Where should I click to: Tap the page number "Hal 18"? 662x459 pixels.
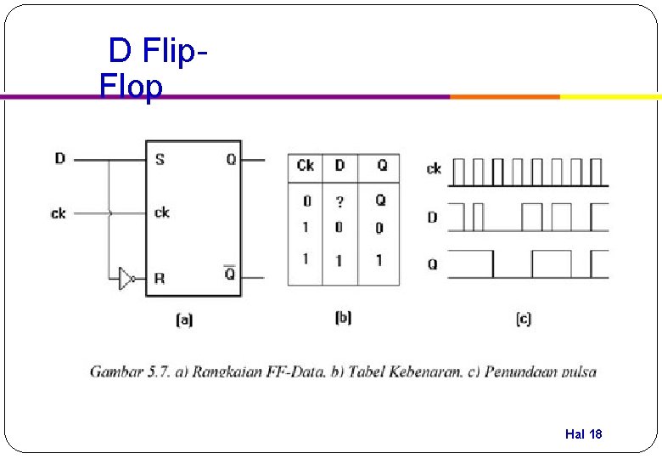point(583,434)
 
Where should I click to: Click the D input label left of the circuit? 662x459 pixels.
point(59,158)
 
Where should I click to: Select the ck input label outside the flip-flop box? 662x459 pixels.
point(58,212)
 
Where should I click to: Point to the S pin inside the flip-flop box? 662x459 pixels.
point(159,159)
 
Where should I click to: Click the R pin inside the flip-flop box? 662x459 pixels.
point(159,278)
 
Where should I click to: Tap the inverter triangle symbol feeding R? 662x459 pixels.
point(126,278)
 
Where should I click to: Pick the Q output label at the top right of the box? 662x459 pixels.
point(231,159)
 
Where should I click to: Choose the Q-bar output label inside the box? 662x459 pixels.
point(230,275)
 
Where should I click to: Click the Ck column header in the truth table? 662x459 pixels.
point(306,165)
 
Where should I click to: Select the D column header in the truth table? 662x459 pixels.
point(339,165)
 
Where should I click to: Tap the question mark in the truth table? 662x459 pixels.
point(339,201)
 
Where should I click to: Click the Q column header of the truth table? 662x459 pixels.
point(382,165)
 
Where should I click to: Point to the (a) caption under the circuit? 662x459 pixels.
point(184,320)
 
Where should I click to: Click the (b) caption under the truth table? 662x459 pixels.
point(343,317)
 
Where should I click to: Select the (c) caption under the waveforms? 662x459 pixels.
point(523,319)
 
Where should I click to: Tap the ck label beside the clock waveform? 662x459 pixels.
point(434,168)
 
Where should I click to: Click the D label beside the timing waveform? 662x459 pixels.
point(433,217)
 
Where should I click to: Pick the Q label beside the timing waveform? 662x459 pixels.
point(433,264)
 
